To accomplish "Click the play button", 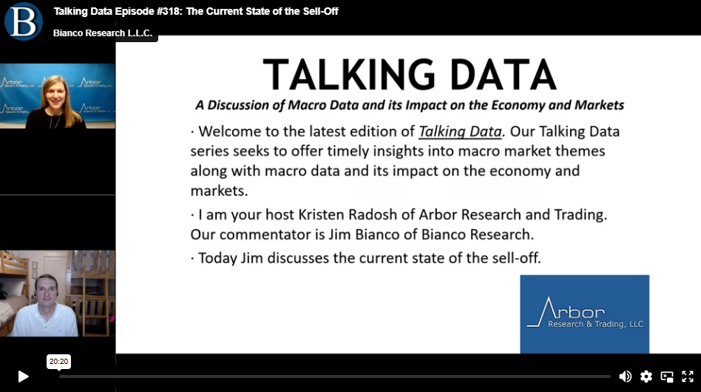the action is pos(23,376).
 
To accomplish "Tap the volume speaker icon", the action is pos(625,376).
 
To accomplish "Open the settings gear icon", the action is pos(646,376).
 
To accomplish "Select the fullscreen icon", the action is pos(688,376).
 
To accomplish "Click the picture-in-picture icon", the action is pos(667,376).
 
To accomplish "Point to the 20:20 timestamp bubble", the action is pos(58,362).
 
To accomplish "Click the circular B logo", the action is pos(23,21).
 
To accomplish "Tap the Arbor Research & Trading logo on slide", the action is pos(584,314).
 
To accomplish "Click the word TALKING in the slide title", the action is pos(349,75).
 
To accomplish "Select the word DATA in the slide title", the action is pos(503,75).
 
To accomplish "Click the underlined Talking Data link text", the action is pos(460,132).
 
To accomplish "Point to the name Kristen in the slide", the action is pos(322,214).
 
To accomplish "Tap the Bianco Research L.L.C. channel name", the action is pos(103,33).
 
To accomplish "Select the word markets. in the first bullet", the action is pos(219,191).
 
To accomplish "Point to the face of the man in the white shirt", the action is pos(47,292).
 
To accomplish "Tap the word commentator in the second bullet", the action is pos(272,234).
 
